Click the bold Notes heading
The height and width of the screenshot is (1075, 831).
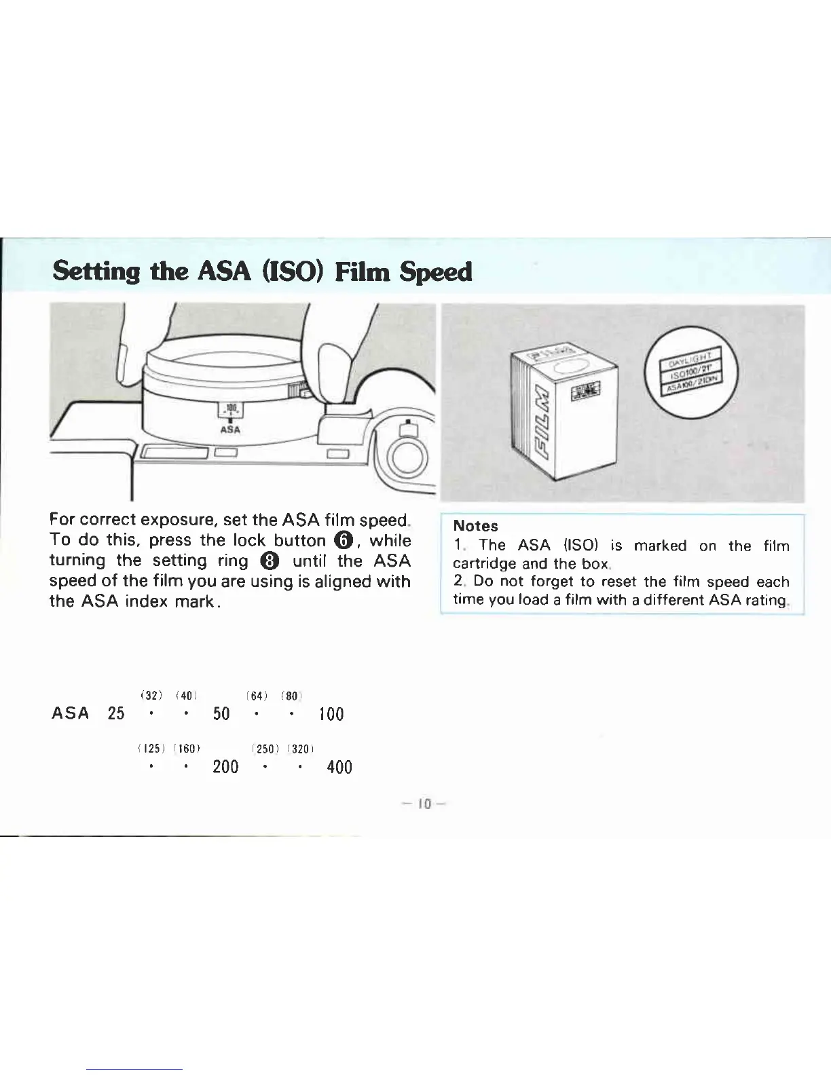[475, 526]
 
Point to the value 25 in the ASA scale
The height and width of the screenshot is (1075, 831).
[116, 713]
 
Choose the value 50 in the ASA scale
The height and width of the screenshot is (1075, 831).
[221, 713]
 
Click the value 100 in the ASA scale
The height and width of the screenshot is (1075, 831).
[331, 714]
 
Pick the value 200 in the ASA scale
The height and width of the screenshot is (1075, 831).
[225, 767]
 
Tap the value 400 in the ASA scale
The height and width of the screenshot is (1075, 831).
[339, 768]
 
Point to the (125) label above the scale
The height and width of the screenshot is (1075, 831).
[147, 749]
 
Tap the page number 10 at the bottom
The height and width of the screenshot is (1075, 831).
[424, 804]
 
